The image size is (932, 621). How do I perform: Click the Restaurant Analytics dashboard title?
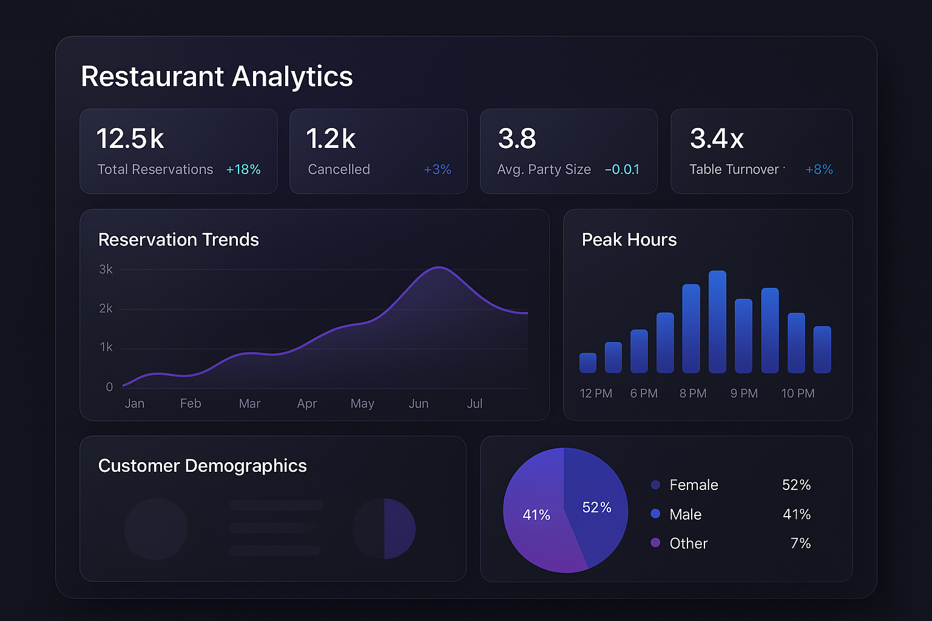pos(217,76)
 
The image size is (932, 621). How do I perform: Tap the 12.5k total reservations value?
pos(130,138)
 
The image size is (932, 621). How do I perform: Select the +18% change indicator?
pos(243,170)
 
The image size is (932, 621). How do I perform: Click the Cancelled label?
pos(339,170)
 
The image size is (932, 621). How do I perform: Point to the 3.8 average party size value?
pos(517,138)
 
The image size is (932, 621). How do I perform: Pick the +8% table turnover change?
pos(819,170)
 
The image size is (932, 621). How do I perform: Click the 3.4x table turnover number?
pos(717,138)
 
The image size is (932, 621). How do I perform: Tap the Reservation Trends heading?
pos(178,240)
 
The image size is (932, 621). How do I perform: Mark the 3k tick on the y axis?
pos(106,269)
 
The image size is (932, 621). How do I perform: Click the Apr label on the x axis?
pos(307,404)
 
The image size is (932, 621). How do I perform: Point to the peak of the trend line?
pos(438,267)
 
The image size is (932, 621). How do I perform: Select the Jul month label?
pos(474,404)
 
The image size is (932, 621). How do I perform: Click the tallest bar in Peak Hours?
pos(717,321)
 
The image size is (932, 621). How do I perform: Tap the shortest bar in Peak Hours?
pos(588,363)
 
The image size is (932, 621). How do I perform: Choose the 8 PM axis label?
pos(693,394)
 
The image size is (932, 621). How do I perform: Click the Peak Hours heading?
pos(629,240)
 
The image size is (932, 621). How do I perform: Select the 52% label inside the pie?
pos(596,508)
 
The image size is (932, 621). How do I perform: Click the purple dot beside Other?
pos(655,543)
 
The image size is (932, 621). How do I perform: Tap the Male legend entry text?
pos(685,514)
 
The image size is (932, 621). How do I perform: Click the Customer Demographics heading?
pos(203,466)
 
